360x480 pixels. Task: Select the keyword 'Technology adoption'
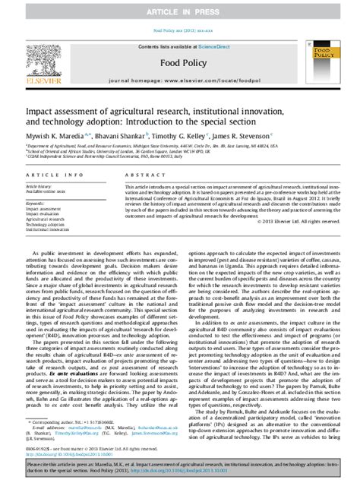(x=49, y=226)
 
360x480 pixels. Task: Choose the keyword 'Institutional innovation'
(x=52, y=231)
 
